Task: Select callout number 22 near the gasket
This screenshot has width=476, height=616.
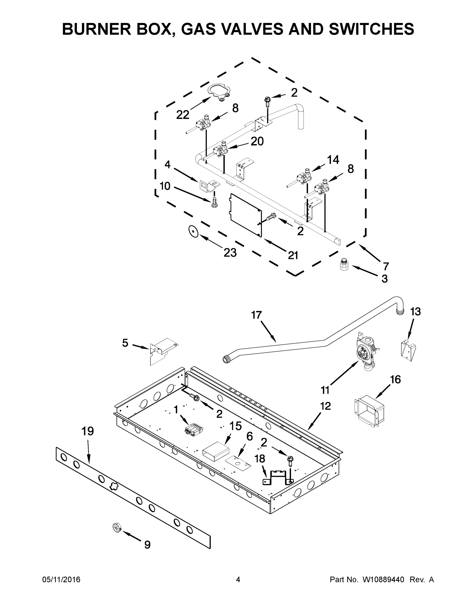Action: [x=182, y=115]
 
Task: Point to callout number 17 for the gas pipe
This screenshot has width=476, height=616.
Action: [x=256, y=315]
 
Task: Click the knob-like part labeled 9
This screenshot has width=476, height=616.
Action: [x=116, y=527]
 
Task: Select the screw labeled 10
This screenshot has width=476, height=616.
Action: [x=214, y=202]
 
